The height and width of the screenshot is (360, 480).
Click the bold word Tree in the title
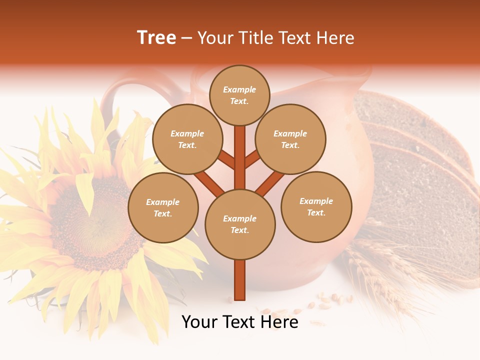156,38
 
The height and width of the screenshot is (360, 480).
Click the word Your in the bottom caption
200,322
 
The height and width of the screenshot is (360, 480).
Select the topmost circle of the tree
239,95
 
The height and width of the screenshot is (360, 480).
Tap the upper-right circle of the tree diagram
290,139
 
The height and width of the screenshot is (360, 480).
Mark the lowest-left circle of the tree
162,207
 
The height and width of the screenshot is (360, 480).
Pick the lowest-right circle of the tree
316,206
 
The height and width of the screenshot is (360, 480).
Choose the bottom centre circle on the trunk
239,224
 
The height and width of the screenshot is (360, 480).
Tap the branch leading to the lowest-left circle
208,182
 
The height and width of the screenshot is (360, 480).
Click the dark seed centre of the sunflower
95,220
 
